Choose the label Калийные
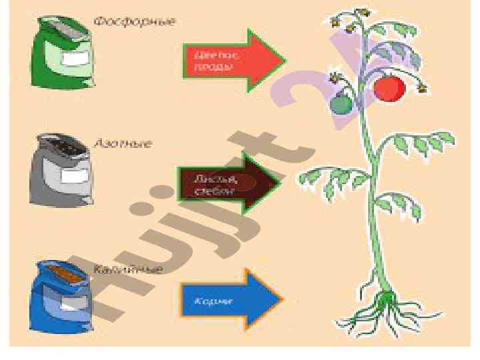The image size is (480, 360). [x=127, y=270]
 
